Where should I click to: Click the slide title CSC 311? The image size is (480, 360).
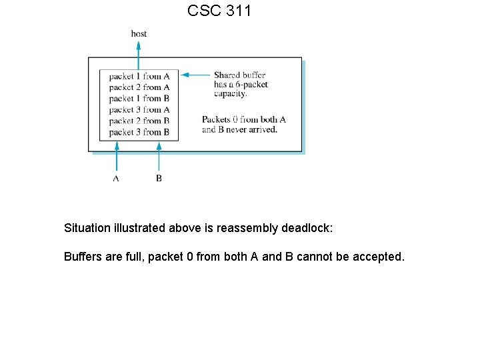219,11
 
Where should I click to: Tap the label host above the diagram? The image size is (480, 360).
139,33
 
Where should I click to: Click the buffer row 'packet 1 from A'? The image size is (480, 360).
139,76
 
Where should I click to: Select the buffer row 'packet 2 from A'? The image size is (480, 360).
139,87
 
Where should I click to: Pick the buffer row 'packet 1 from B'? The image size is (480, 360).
139,99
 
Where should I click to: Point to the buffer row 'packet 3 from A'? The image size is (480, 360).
139,109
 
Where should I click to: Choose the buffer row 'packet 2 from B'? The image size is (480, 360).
139,121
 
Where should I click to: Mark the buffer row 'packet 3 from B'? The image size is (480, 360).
139,132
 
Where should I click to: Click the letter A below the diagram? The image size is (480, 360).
116,179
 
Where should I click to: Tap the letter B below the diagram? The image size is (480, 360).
159,179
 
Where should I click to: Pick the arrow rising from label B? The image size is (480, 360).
159,157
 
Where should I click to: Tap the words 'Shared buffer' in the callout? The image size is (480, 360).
239,75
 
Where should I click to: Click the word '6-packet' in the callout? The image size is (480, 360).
253,85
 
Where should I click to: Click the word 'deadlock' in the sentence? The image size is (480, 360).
307,228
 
